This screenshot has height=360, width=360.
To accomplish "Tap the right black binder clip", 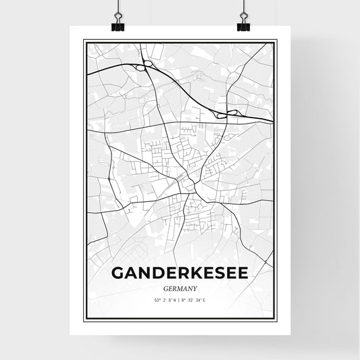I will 243,24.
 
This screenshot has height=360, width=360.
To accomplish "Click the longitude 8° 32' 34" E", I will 197,301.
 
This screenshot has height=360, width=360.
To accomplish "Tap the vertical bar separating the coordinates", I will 180,301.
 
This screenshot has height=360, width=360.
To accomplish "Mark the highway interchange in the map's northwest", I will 148,66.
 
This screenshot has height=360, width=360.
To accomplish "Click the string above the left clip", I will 117,7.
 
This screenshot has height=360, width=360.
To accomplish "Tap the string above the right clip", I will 243,7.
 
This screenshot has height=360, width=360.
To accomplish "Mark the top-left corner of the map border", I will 84,41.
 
